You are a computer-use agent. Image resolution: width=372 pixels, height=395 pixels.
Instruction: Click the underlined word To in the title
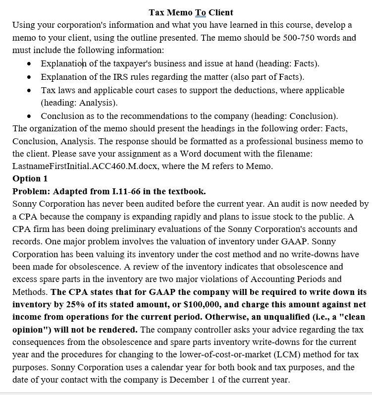[x=201, y=12]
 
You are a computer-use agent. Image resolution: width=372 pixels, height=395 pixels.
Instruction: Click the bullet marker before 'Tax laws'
[x=31, y=90]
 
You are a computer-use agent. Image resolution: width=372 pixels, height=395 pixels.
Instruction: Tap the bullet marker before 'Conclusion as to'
[x=31, y=116]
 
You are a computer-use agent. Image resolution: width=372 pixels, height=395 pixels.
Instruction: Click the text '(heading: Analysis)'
[x=79, y=103]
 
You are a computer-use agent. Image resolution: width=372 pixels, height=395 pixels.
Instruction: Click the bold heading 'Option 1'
[x=30, y=178]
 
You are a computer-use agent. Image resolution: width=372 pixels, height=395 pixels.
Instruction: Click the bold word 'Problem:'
[x=31, y=191]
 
